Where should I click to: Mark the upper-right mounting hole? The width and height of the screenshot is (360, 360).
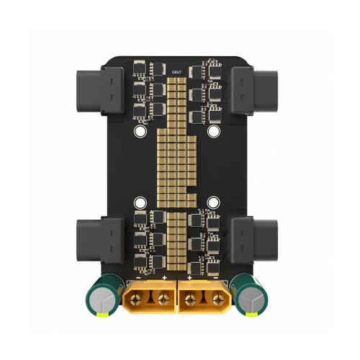click(214, 132)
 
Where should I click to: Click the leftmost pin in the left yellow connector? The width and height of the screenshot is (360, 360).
click(138, 297)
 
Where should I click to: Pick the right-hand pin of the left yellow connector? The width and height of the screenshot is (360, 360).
click(163, 297)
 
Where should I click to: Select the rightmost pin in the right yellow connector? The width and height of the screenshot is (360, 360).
click(217, 297)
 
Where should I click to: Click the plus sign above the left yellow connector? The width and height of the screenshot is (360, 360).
click(165, 276)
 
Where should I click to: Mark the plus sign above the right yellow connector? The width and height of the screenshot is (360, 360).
click(190, 276)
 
